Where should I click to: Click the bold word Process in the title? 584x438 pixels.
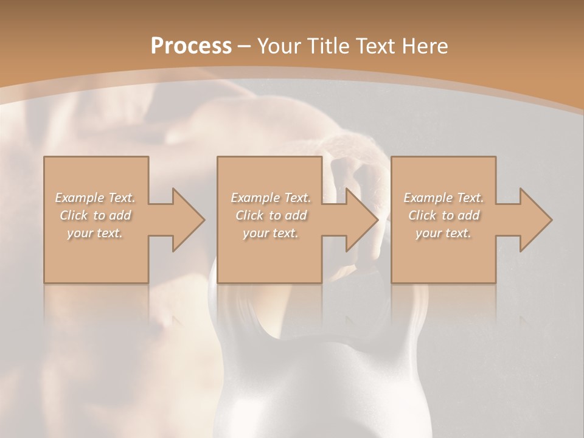tap(191, 46)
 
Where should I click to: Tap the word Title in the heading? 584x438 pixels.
tap(327, 46)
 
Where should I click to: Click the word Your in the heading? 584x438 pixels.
tap(280, 46)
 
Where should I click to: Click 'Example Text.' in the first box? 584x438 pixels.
tap(95, 198)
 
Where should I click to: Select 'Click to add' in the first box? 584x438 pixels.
tap(95, 215)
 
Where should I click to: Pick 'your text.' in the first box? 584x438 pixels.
tap(95, 233)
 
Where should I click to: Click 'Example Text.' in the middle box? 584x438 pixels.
tap(270, 198)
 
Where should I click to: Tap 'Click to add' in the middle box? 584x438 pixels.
tap(270, 215)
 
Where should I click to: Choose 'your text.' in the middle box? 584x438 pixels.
tap(270, 233)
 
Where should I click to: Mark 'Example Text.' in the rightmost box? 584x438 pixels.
tap(443, 198)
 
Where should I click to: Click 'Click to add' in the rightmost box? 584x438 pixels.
tap(443, 215)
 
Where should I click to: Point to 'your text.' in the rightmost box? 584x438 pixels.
tap(443, 233)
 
